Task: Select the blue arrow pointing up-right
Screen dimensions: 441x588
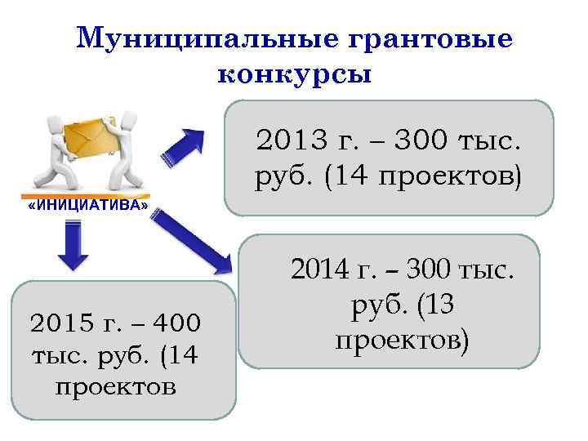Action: click(187, 145)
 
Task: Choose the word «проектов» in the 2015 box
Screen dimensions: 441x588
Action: click(115, 385)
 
